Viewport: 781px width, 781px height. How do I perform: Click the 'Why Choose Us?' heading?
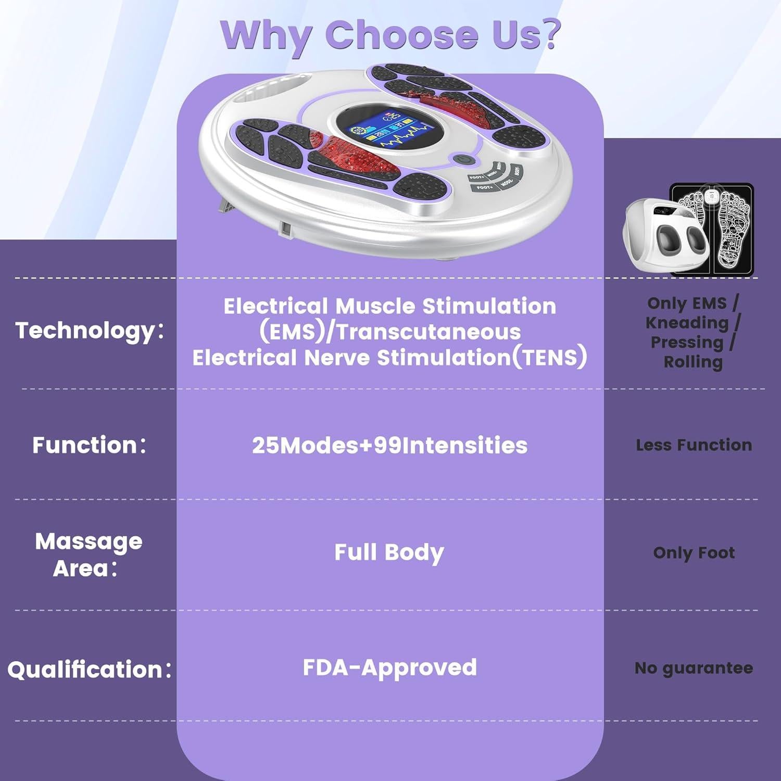391,35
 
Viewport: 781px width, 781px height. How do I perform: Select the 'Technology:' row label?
90,331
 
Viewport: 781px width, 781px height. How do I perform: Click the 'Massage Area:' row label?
89,555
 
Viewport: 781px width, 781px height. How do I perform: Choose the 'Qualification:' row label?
90,670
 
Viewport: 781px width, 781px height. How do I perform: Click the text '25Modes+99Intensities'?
389,446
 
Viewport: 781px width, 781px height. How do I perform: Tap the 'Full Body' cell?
389,553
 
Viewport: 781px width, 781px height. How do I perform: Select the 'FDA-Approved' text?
389,668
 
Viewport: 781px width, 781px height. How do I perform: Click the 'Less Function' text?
694,445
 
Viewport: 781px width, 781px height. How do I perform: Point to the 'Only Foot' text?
694,552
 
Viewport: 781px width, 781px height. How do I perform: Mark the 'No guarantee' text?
694,668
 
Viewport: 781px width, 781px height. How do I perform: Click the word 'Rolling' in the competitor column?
693,362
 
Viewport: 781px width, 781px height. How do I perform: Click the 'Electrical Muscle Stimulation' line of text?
389,306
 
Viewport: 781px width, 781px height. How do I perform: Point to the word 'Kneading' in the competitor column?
687,323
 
